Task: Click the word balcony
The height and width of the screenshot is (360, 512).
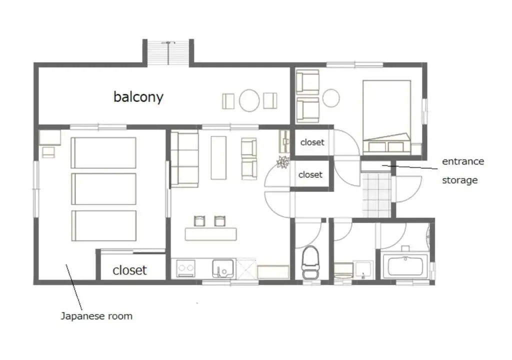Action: (x=138, y=97)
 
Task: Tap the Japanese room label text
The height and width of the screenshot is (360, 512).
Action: (x=96, y=316)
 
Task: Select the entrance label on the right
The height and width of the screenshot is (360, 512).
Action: (x=463, y=161)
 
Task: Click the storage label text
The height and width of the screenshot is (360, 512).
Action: (x=460, y=180)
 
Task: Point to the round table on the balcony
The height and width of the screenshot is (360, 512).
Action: (x=249, y=100)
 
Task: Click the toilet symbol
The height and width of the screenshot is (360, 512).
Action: (x=310, y=262)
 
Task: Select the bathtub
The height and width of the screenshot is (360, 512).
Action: (x=407, y=266)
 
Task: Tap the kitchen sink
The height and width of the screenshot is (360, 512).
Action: (x=223, y=268)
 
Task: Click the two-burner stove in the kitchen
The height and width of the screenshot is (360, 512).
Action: (x=186, y=268)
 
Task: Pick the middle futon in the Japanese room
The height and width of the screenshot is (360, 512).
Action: (x=103, y=189)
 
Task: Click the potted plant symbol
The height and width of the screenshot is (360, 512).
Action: (x=283, y=161)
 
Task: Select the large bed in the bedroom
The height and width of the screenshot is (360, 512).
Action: (x=386, y=117)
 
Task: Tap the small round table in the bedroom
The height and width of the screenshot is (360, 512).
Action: (x=331, y=98)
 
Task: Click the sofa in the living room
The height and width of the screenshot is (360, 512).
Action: (x=184, y=159)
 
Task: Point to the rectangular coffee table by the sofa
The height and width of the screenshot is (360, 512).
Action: (x=218, y=158)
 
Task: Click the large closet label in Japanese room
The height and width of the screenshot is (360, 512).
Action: (x=129, y=270)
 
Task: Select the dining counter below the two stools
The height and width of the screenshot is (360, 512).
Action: (x=211, y=234)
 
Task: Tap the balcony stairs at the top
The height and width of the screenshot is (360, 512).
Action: (x=168, y=53)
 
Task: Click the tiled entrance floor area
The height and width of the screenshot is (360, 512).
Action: (x=376, y=195)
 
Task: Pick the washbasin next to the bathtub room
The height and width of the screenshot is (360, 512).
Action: (x=364, y=270)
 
